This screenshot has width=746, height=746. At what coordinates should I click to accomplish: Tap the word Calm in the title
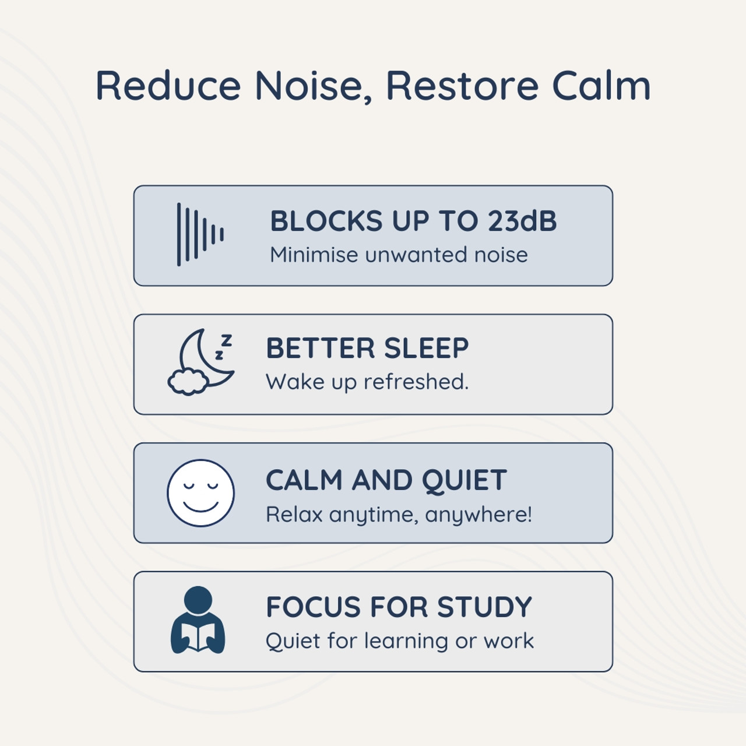601,86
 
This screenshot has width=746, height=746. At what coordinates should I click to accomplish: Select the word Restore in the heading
462,86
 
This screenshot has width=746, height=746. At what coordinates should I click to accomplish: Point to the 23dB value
522,221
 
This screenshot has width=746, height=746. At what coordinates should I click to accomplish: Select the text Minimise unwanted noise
399,255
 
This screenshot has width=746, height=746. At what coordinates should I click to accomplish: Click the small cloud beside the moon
188,382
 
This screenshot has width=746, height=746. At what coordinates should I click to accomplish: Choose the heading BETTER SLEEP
367,349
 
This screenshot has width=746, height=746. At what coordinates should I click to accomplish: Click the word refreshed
416,382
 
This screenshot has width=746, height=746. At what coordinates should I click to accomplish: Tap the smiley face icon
200,493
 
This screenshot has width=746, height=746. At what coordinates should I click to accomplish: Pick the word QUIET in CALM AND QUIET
464,481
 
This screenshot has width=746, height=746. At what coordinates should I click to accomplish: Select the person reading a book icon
198,621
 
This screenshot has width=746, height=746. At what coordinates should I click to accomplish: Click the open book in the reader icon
198,636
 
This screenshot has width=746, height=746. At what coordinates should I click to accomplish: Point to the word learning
407,641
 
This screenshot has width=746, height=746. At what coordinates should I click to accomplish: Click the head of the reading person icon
198,600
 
